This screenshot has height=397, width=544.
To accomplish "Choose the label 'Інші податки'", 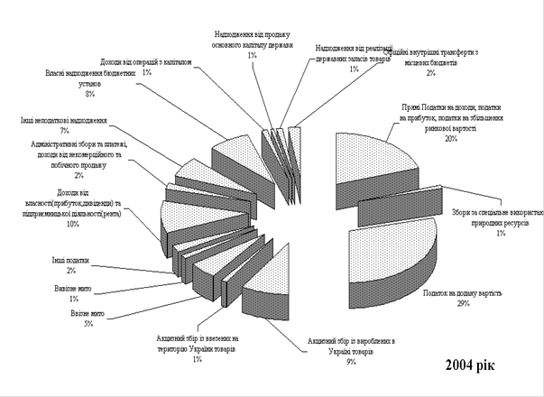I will tap(71, 261).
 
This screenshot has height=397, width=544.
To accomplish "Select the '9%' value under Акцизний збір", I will tap(351, 362).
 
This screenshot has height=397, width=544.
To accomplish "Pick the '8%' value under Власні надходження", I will tap(89, 92).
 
